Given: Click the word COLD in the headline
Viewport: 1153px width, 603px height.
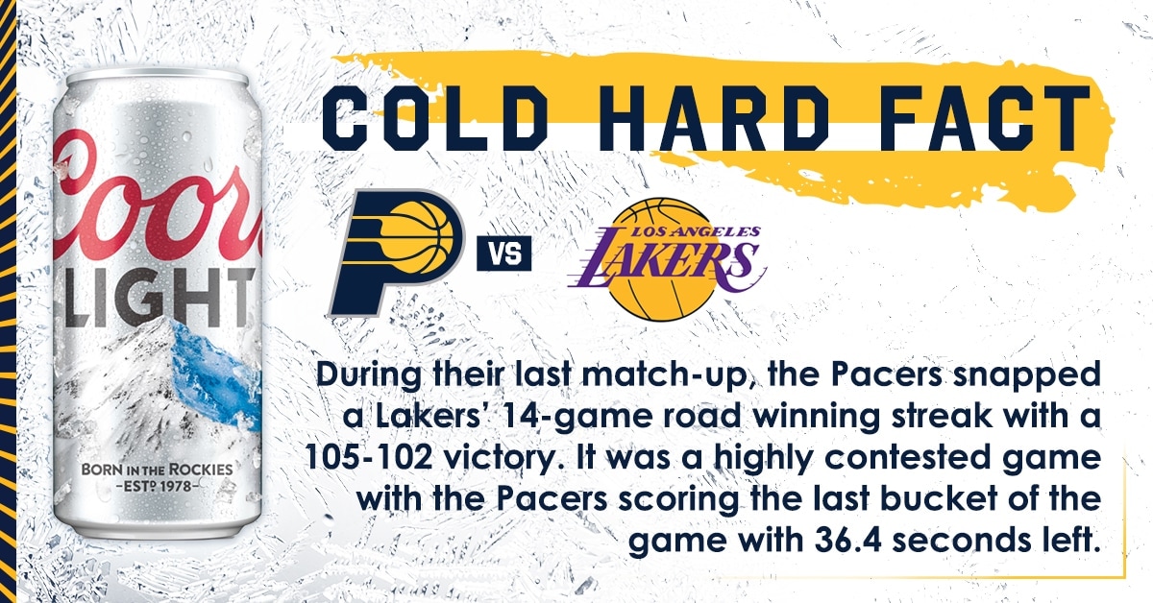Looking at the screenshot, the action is (435, 118).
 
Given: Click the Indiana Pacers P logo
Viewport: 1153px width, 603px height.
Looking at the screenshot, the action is (396, 253).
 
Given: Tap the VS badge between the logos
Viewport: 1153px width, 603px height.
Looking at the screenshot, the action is (503, 253).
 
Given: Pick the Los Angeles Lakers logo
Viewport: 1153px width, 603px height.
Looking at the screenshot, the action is (667, 259).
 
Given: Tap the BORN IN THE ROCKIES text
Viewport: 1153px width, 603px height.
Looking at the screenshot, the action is (157, 470).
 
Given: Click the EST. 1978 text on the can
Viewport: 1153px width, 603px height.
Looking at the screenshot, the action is (157, 486).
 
